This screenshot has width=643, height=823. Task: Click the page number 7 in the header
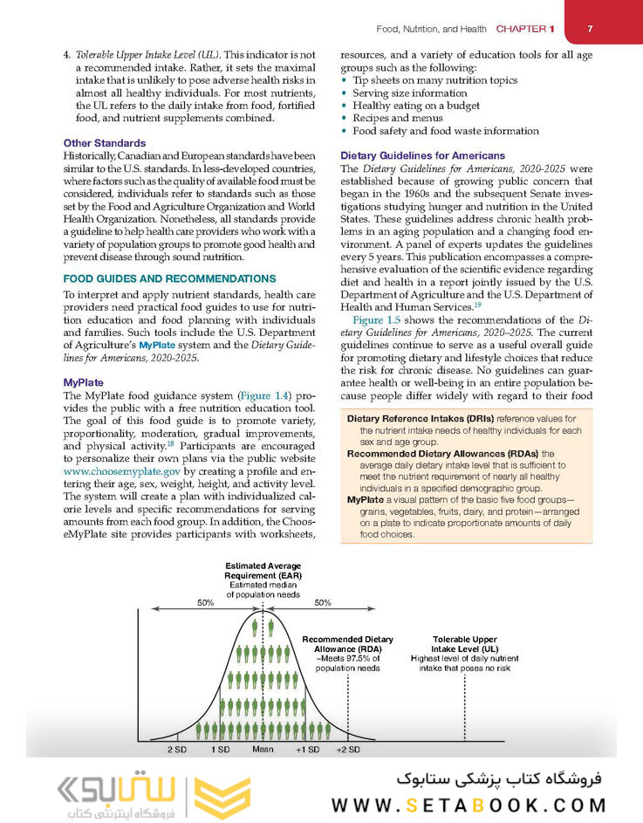tap(591, 29)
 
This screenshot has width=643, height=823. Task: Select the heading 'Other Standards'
tap(105, 143)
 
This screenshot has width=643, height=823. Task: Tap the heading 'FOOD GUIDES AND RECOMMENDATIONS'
tap(169, 279)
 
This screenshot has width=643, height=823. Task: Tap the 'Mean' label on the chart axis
tap(263, 750)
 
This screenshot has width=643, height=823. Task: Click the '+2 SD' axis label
tap(347, 750)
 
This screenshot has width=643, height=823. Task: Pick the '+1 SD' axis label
tap(307, 750)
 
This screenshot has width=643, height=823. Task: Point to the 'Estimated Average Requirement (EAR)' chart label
tap(263, 572)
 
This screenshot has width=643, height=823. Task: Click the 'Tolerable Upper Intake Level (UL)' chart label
tap(465, 644)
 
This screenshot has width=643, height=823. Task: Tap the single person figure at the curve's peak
tap(263, 626)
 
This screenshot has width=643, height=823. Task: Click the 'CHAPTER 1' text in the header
tap(526, 29)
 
